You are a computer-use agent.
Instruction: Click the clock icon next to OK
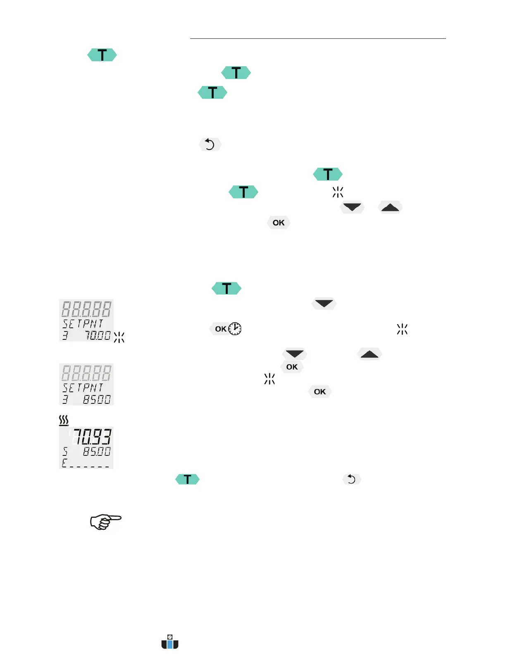pyautogui.click(x=235, y=329)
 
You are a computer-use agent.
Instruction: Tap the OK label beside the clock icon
pyautogui.click(x=221, y=329)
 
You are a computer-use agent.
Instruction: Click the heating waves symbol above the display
pyautogui.click(x=64, y=421)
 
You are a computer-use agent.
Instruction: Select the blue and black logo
pyautogui.click(x=170, y=642)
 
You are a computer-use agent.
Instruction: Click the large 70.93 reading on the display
pyautogui.click(x=92, y=437)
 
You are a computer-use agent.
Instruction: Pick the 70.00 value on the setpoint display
pyautogui.click(x=98, y=335)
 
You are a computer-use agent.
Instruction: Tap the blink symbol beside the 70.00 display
pyautogui.click(x=119, y=337)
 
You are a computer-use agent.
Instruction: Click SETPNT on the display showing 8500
pyautogui.click(x=83, y=388)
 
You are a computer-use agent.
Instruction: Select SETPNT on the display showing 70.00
pyautogui.click(x=83, y=323)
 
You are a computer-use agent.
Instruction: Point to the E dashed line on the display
pyautogui.click(x=86, y=463)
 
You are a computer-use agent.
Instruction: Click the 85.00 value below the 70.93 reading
pyautogui.click(x=97, y=451)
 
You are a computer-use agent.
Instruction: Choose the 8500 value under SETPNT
pyautogui.click(x=97, y=399)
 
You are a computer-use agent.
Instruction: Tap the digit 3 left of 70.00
pyautogui.click(x=65, y=335)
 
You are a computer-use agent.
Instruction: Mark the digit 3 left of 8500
pyautogui.click(x=65, y=399)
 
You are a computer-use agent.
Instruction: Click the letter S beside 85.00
pyautogui.click(x=65, y=451)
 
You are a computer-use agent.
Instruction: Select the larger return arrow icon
pyautogui.click(x=210, y=145)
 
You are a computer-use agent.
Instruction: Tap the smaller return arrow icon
pyautogui.click(x=351, y=479)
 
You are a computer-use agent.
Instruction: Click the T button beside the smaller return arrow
pyautogui.click(x=187, y=479)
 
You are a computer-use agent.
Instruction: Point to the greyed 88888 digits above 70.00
pyautogui.click(x=86, y=309)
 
